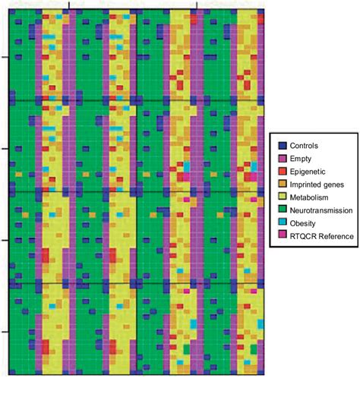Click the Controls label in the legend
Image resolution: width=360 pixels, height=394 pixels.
tap(306, 145)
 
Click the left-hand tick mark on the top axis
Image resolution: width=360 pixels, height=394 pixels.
tap(70, 6)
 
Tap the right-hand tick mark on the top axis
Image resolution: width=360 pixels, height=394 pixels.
tap(199, 6)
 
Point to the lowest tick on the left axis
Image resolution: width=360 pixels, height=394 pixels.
tap(5, 332)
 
